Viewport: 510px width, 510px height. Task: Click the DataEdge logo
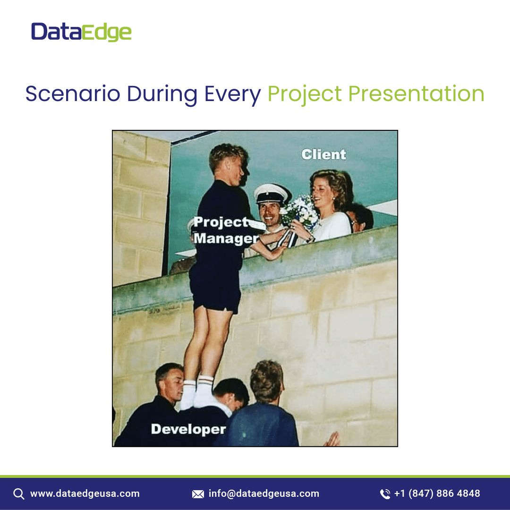click(81, 32)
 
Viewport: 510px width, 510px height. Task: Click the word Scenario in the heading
click(73, 93)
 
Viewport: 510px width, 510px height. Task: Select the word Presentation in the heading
click(416, 93)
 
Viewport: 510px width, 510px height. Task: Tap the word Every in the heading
click(232, 94)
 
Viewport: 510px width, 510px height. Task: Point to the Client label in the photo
click(323, 154)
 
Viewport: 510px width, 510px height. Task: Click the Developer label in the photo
click(188, 429)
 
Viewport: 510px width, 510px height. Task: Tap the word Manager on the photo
click(226, 238)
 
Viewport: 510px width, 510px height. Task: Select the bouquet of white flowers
click(299, 212)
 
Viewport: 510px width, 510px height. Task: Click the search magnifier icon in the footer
click(19, 494)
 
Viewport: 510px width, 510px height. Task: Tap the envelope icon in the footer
click(198, 494)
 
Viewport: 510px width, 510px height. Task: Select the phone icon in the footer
click(385, 494)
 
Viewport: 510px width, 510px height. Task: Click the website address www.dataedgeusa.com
click(85, 494)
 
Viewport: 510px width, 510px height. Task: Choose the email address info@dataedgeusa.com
click(264, 494)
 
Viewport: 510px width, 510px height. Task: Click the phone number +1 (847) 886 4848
click(437, 494)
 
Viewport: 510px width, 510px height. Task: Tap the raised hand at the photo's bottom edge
click(332, 440)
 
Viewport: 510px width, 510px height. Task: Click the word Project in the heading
click(305, 94)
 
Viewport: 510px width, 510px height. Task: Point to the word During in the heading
click(162, 94)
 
